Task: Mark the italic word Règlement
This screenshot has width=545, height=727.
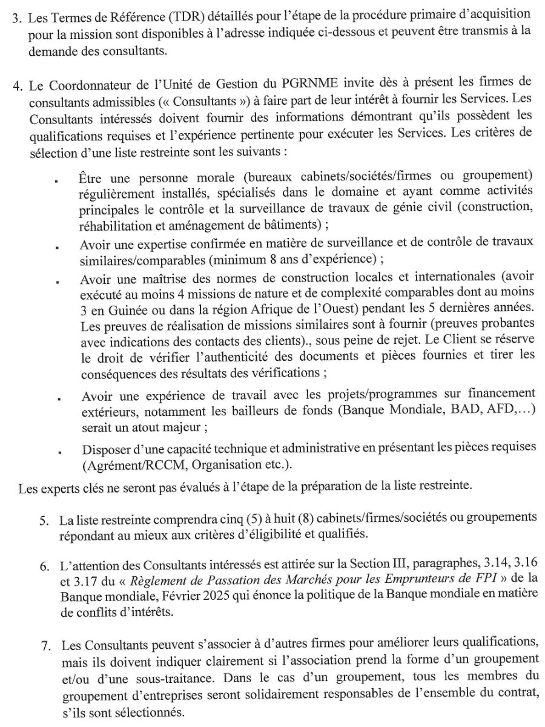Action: (144, 580)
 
